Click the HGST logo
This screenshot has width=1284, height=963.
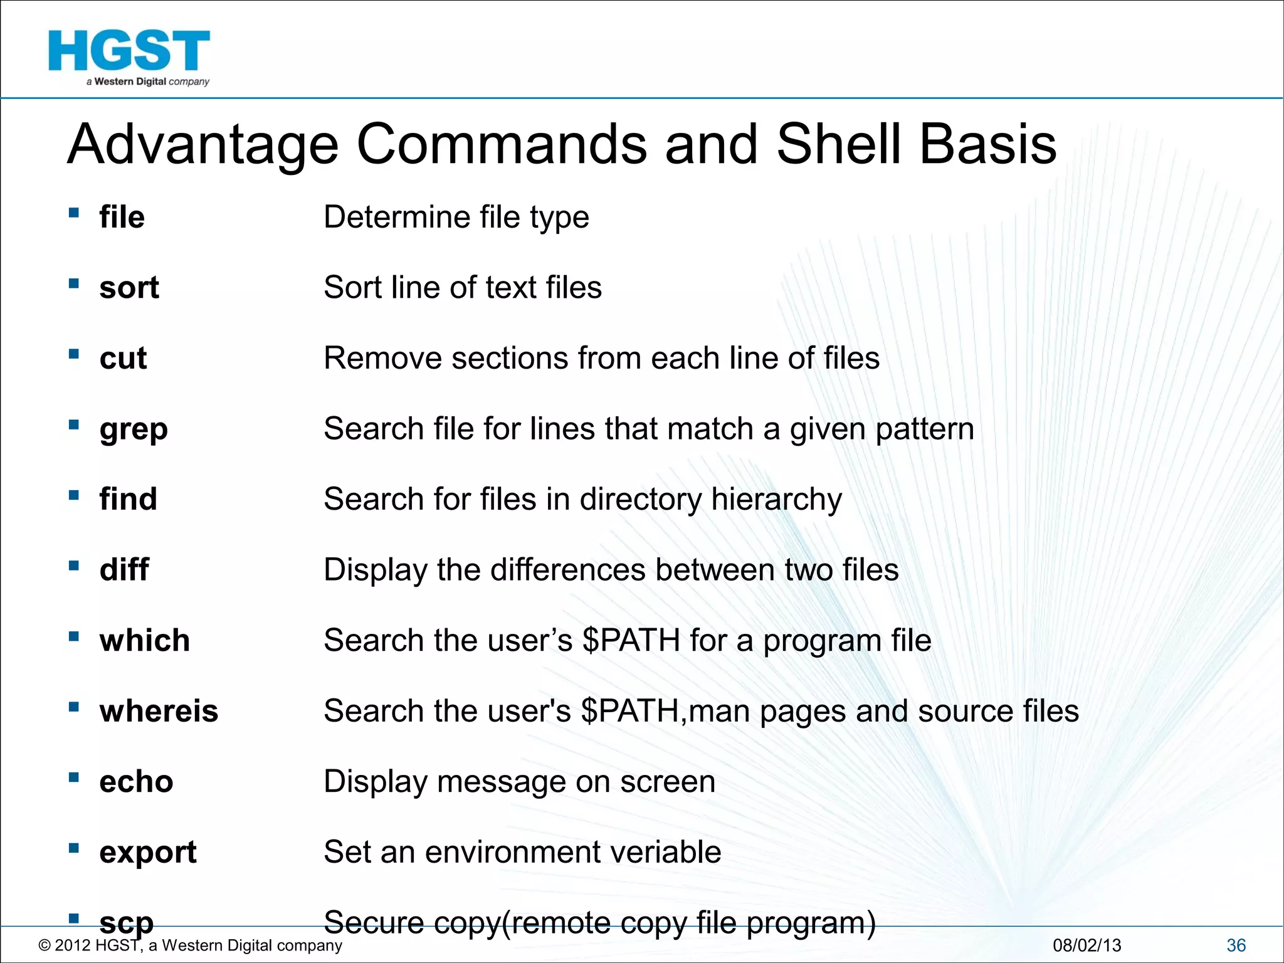(129, 56)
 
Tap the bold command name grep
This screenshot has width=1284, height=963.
(134, 430)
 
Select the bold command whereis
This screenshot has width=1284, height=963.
(159, 711)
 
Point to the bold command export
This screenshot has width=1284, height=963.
(148, 853)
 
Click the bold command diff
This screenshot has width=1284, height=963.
(124, 570)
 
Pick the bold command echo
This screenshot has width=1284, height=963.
(136, 782)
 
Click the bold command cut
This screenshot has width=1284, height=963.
(123, 359)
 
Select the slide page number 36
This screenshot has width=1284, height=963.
(1236, 945)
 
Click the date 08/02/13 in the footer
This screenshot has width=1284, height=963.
(1087, 945)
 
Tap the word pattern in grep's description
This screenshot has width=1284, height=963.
(925, 430)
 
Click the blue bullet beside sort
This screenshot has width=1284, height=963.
(74, 283)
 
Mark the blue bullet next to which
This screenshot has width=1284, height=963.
(74, 636)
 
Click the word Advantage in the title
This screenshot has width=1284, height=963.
(203, 145)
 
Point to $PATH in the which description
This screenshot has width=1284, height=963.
(631, 641)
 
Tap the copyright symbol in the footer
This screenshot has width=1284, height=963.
(44, 945)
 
